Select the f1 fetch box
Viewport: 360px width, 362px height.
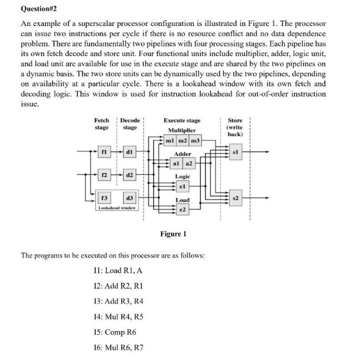pyautogui.click(x=104, y=151)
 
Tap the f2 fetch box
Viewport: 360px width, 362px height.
pyautogui.click(x=104, y=176)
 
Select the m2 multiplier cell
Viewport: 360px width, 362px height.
pyautogui.click(x=182, y=142)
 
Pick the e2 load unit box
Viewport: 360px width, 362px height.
pyautogui.click(x=182, y=210)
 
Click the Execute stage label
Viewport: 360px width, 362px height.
pyautogui.click(x=182, y=121)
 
